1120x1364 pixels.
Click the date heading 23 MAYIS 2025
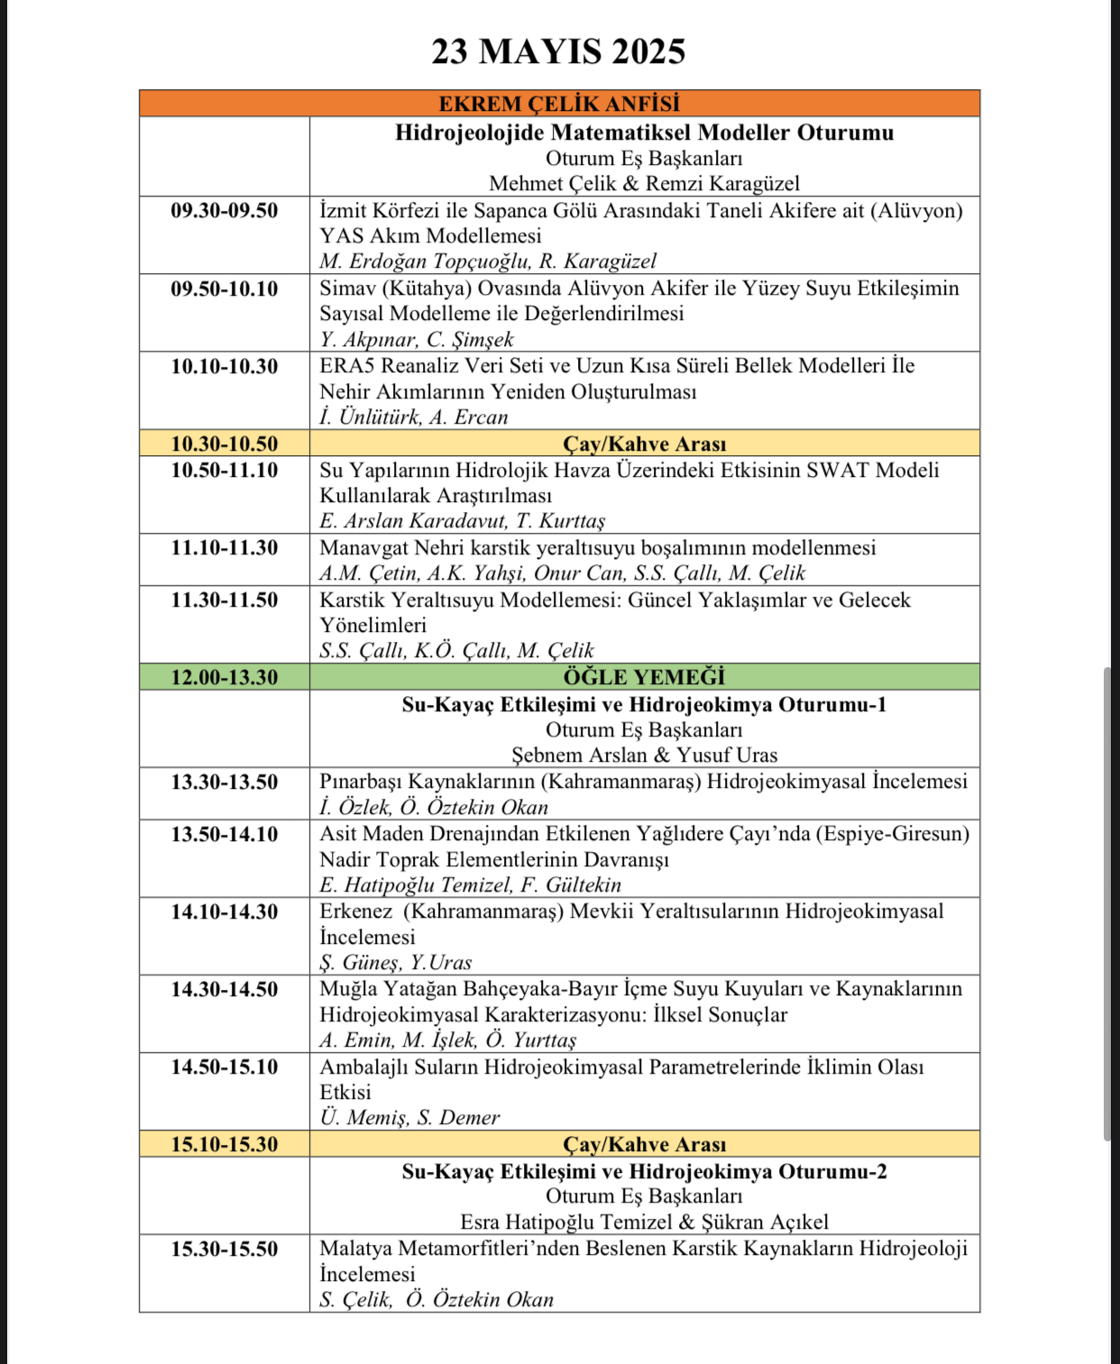coord(558,51)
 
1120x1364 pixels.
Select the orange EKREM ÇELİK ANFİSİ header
coord(559,104)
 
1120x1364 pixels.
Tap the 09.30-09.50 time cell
coord(225,211)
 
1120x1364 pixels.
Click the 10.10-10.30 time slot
coord(225,366)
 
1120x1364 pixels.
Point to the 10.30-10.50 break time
coord(225,444)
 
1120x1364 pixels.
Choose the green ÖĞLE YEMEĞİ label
coord(644,677)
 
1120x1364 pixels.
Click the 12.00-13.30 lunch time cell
coord(225,677)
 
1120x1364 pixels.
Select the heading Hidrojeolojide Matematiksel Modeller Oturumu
coord(644,133)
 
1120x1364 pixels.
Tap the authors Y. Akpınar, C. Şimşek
coord(417,340)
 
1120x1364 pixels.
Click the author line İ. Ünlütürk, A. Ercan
coord(414,417)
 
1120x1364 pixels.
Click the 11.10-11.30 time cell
coord(225,548)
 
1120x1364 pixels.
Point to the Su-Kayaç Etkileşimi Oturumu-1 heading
coord(644,704)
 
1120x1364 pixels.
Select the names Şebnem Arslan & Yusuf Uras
coord(644,755)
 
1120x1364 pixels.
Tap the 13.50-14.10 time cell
coord(225,834)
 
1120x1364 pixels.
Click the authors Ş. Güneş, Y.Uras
coord(396,963)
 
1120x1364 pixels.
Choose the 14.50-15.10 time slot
coord(225,1067)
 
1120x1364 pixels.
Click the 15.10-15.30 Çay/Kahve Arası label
coord(644,1145)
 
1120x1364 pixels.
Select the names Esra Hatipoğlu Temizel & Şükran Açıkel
coord(644,1222)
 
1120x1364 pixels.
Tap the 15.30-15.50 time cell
coord(225,1250)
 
